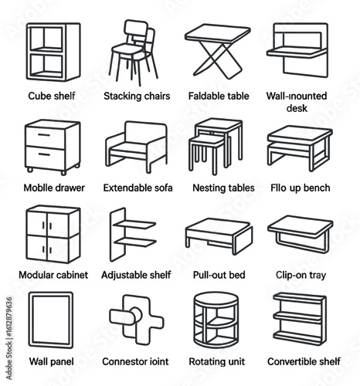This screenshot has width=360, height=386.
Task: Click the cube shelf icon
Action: pos(53,52)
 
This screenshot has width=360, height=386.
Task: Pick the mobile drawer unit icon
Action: pos(52,146)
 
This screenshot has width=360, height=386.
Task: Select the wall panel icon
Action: pos(51,319)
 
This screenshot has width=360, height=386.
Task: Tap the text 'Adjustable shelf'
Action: pos(136,274)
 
